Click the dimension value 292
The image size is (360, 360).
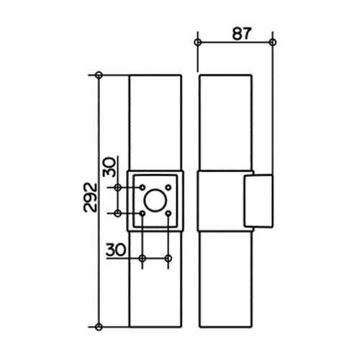coord(90,197)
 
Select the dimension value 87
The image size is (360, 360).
coord(241,34)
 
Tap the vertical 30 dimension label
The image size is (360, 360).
coord(109,167)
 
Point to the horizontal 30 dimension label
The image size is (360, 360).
coord(116,250)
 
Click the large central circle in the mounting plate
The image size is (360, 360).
coord(155,201)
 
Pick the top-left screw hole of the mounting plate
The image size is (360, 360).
coord(143,187)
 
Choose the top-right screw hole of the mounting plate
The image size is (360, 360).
coord(168,187)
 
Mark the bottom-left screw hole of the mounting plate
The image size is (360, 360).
coord(143,213)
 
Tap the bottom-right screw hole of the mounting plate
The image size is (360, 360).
coord(168,213)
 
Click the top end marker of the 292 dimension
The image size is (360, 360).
coord(99,75)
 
